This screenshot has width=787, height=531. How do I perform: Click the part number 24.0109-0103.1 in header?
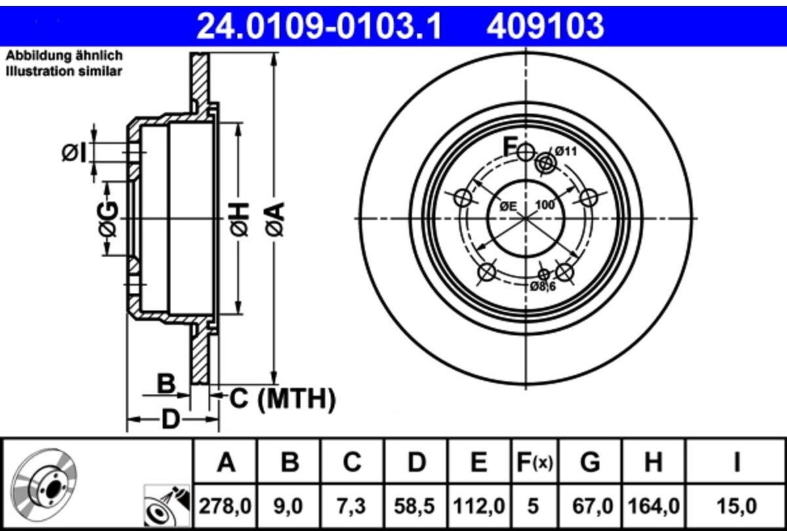[x=320, y=27]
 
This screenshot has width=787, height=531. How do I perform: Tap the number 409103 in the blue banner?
[x=544, y=27]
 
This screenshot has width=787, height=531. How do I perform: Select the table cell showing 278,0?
[x=226, y=505]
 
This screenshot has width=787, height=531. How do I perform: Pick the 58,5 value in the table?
[x=416, y=505]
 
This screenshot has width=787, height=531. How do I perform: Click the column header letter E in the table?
[x=479, y=463]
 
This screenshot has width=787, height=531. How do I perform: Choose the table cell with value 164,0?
[x=653, y=505]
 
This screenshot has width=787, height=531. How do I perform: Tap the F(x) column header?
[x=533, y=463]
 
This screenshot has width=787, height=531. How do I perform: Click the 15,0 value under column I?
[x=737, y=505]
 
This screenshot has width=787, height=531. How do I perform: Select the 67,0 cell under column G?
[x=590, y=505]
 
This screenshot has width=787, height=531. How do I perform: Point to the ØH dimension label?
[x=239, y=219]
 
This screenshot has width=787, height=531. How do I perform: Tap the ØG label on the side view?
[x=109, y=219]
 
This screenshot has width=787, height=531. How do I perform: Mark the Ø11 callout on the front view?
[x=565, y=151]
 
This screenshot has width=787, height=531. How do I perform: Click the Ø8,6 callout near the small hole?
[x=543, y=286]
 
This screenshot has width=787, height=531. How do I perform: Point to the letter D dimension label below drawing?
[x=171, y=418]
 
